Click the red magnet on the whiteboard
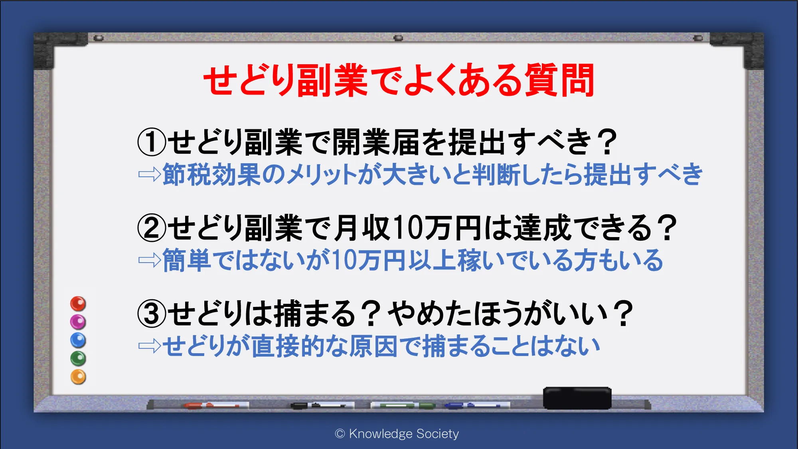click(78, 304)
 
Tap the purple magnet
click(78, 322)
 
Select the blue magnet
click(78, 340)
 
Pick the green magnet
click(78, 358)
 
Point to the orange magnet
click(78, 377)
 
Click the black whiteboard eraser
click(577, 398)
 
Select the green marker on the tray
click(403, 405)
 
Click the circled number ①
click(152, 142)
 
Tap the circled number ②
click(152, 228)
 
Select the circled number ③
click(152, 313)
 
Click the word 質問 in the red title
click(559, 80)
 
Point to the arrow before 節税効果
click(150, 174)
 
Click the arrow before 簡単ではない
click(150, 261)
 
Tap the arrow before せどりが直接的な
click(150, 346)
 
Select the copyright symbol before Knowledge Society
click(340, 434)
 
